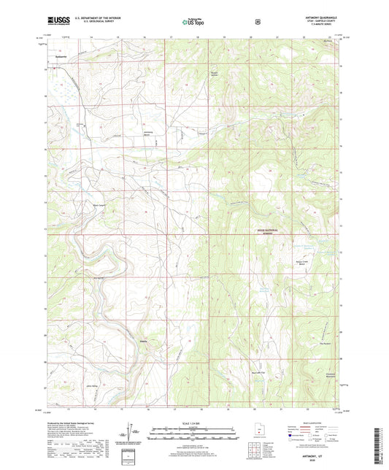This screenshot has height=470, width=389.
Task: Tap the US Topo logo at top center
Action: [x=193, y=23]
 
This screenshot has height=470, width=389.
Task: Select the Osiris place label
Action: [x=145, y=340]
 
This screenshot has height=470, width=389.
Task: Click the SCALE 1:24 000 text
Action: [x=193, y=423]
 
